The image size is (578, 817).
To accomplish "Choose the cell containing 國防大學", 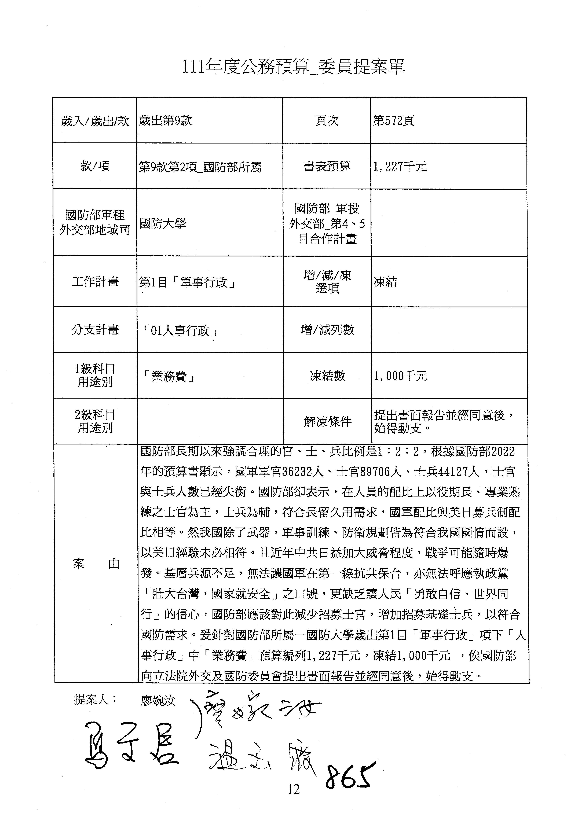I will pos(163,223).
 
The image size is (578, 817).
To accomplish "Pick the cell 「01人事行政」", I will pos(180,331).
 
